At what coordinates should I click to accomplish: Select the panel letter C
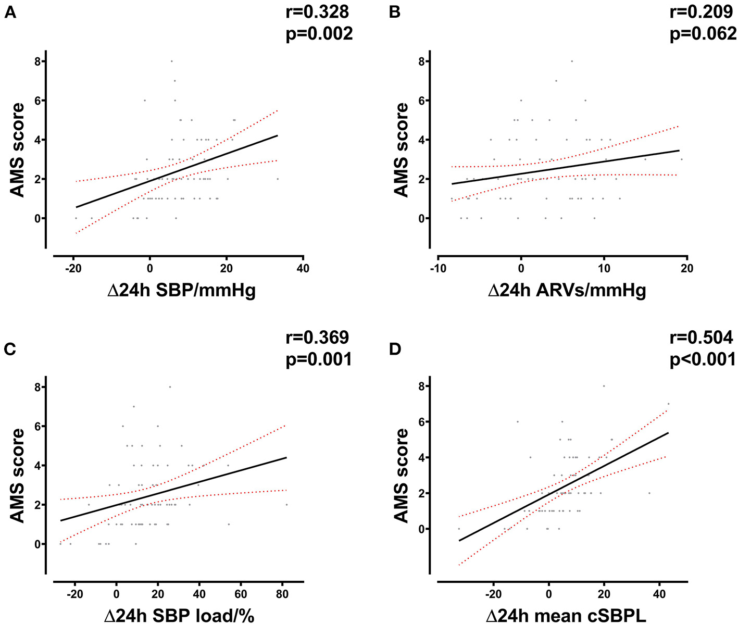pyautogui.click(x=9, y=348)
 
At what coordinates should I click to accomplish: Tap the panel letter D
pyautogui.click(x=395, y=348)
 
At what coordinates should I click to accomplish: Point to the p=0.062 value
pyautogui.click(x=703, y=34)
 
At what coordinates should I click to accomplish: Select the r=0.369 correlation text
pyautogui.click(x=317, y=337)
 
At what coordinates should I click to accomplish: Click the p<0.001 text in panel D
pyautogui.click(x=703, y=359)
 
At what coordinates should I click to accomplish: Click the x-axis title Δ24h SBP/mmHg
pyautogui.click(x=181, y=290)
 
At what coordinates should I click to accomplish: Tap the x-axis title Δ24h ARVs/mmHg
pyautogui.click(x=567, y=290)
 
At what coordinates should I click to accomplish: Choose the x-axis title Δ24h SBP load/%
pyautogui.click(x=179, y=615)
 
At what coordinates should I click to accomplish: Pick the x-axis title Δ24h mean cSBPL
pyautogui.click(x=566, y=615)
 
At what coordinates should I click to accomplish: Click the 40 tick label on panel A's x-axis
pyautogui.click(x=303, y=269)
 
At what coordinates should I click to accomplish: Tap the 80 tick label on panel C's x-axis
pyautogui.click(x=282, y=594)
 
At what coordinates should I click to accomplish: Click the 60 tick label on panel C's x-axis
pyautogui.click(x=240, y=594)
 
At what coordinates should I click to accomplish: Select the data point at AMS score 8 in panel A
pyautogui.click(x=171, y=61)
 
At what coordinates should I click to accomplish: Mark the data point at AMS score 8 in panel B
pyautogui.click(x=571, y=61)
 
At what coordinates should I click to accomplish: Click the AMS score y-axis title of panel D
pyautogui.click(x=401, y=475)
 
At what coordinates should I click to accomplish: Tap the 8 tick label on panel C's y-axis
pyautogui.click(x=37, y=387)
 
